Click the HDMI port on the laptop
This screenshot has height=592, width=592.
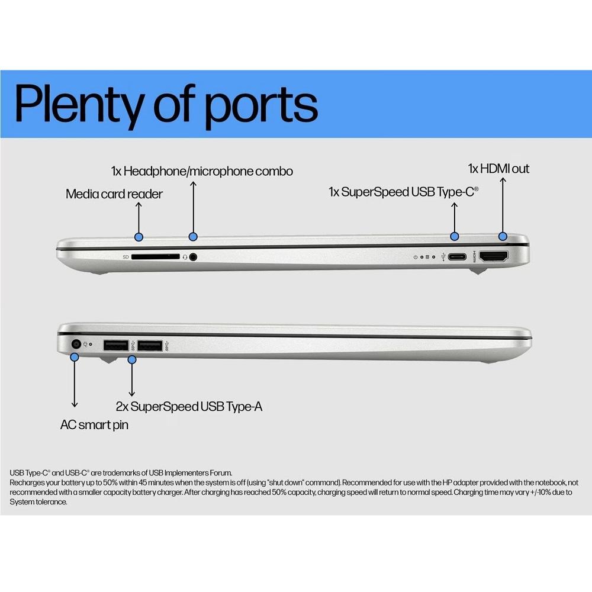(x=494, y=256)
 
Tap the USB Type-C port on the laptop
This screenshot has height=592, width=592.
(x=457, y=257)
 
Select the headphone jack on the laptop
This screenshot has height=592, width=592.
(x=193, y=257)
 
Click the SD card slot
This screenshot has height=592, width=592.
(x=156, y=257)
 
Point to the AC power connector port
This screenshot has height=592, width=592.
(x=76, y=344)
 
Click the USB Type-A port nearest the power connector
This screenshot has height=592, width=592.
(x=116, y=345)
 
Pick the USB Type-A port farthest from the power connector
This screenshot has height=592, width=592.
(x=150, y=346)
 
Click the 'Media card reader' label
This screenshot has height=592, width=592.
(x=114, y=194)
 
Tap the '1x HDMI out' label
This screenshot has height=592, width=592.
(x=498, y=168)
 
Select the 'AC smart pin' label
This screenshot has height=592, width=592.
(x=94, y=425)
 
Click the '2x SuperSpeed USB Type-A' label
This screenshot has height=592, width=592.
(x=189, y=407)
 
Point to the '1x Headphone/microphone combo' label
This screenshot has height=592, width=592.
(x=202, y=171)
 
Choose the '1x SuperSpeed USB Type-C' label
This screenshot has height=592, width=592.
(x=403, y=192)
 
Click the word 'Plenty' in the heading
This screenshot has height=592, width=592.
(x=79, y=105)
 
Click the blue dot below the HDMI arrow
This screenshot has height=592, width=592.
(x=503, y=236)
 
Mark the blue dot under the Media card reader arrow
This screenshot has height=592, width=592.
(x=139, y=237)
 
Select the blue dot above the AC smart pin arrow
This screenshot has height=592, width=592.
(x=75, y=356)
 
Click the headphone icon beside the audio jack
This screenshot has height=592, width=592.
(x=185, y=257)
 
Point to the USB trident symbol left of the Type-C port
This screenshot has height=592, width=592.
(x=443, y=257)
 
